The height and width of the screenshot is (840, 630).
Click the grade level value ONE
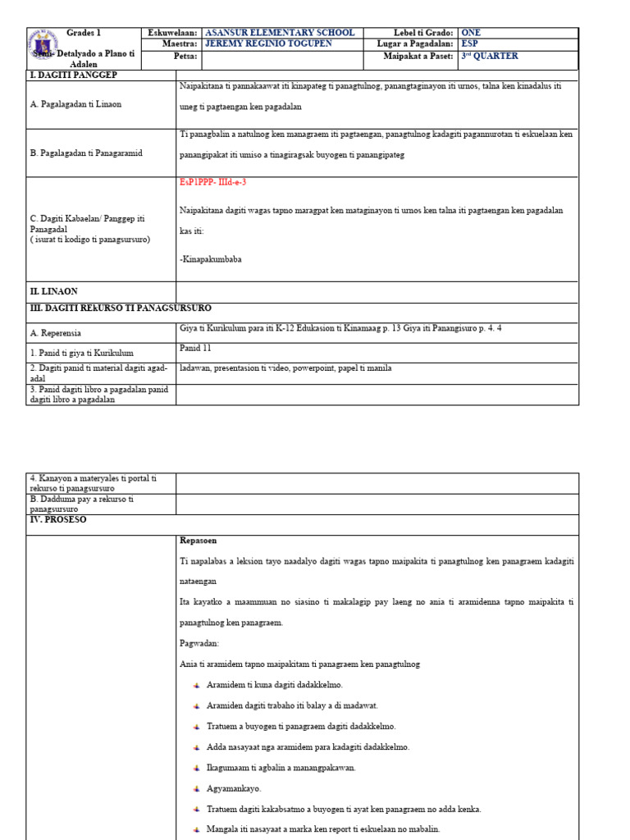(473, 33)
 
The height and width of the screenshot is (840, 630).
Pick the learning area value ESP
(471, 44)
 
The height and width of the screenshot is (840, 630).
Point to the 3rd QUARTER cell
(490, 57)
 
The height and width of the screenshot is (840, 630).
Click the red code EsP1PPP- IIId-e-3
(212, 183)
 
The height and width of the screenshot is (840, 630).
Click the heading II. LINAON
(54, 291)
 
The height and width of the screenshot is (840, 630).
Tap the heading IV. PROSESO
(58, 520)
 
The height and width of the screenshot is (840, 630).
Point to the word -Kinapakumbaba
(211, 259)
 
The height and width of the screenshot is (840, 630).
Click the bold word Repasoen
(199, 541)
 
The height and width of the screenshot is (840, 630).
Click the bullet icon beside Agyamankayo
(198, 788)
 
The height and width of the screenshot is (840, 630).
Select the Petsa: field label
(185, 57)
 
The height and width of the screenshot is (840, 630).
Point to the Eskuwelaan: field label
(173, 33)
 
